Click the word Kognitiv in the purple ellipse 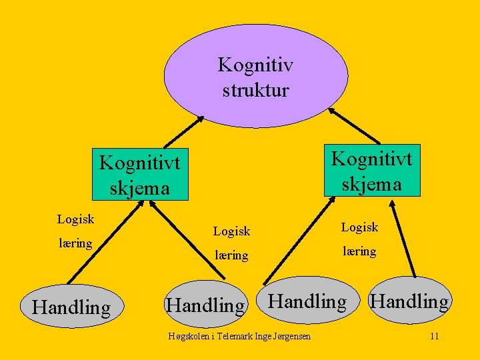[255, 65]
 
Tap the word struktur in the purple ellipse [255, 89]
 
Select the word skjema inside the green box [371, 183]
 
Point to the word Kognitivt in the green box [371, 159]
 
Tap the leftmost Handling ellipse [71, 307]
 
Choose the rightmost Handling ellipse [409, 301]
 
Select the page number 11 [434, 336]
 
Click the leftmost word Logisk [75, 219]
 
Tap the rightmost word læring [359, 251]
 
